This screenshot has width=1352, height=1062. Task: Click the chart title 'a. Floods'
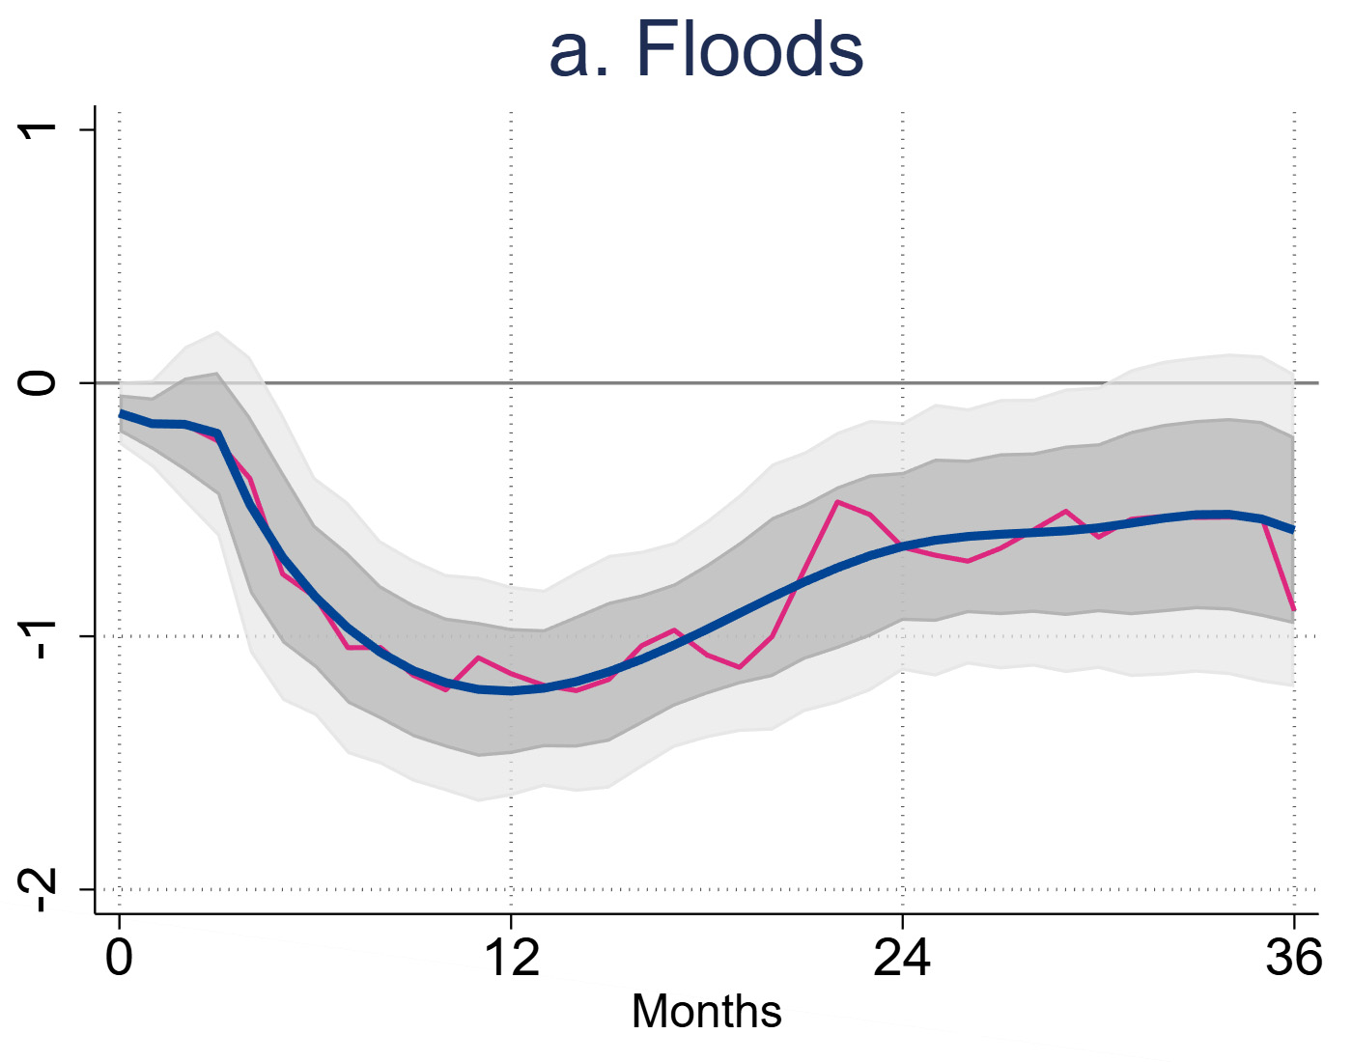pos(706,50)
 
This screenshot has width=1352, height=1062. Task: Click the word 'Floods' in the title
pos(749,50)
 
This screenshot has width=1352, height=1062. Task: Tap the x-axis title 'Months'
pos(706,1012)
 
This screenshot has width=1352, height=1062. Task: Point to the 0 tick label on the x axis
pos(119,958)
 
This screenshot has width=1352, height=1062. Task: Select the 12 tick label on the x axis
pos(511,958)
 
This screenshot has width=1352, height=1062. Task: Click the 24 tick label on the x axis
pos(902,958)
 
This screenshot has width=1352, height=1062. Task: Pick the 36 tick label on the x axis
pos(1293,958)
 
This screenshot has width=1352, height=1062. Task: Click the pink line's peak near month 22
pos(837,502)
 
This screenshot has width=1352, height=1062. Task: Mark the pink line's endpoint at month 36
pos(1293,610)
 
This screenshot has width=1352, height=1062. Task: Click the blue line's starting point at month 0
pos(120,413)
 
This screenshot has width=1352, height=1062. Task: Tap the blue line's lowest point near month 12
pos(511,691)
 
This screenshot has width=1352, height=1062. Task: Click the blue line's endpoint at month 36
pos(1293,529)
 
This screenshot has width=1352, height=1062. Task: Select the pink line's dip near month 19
pos(740,667)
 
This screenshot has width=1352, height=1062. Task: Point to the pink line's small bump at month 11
pos(478,657)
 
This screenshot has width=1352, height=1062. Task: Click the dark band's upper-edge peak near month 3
pos(217,374)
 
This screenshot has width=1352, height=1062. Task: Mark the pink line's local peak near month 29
pos(1065,511)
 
